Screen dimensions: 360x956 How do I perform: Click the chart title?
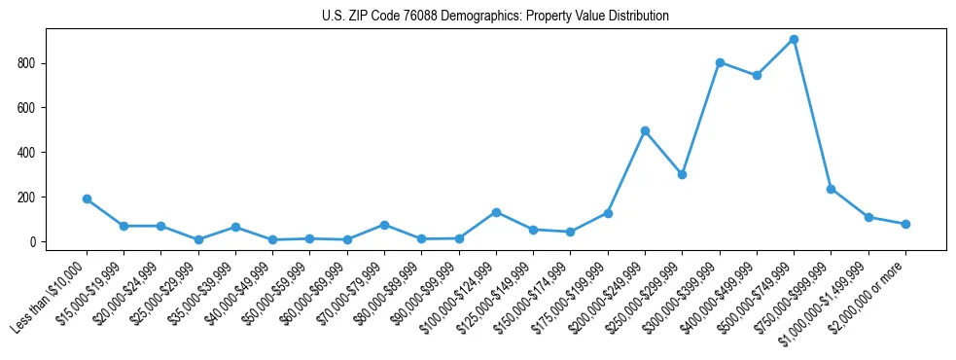click(495, 16)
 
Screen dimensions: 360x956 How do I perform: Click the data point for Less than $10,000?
click(87, 198)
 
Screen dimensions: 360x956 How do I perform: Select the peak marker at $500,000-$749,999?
click(794, 40)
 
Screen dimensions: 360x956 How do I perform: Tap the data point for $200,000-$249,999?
click(645, 130)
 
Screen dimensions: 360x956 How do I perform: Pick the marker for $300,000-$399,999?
click(720, 62)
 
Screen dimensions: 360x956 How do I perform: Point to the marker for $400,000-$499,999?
click(757, 75)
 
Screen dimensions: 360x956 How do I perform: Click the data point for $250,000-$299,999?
click(682, 174)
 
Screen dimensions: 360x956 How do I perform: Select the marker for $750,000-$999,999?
click(831, 189)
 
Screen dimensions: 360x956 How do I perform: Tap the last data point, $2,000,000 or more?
click(905, 224)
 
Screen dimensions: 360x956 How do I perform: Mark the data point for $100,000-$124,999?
click(496, 212)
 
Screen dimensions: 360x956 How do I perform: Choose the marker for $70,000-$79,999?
click(384, 225)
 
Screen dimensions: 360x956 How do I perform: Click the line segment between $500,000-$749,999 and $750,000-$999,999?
click(812, 115)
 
